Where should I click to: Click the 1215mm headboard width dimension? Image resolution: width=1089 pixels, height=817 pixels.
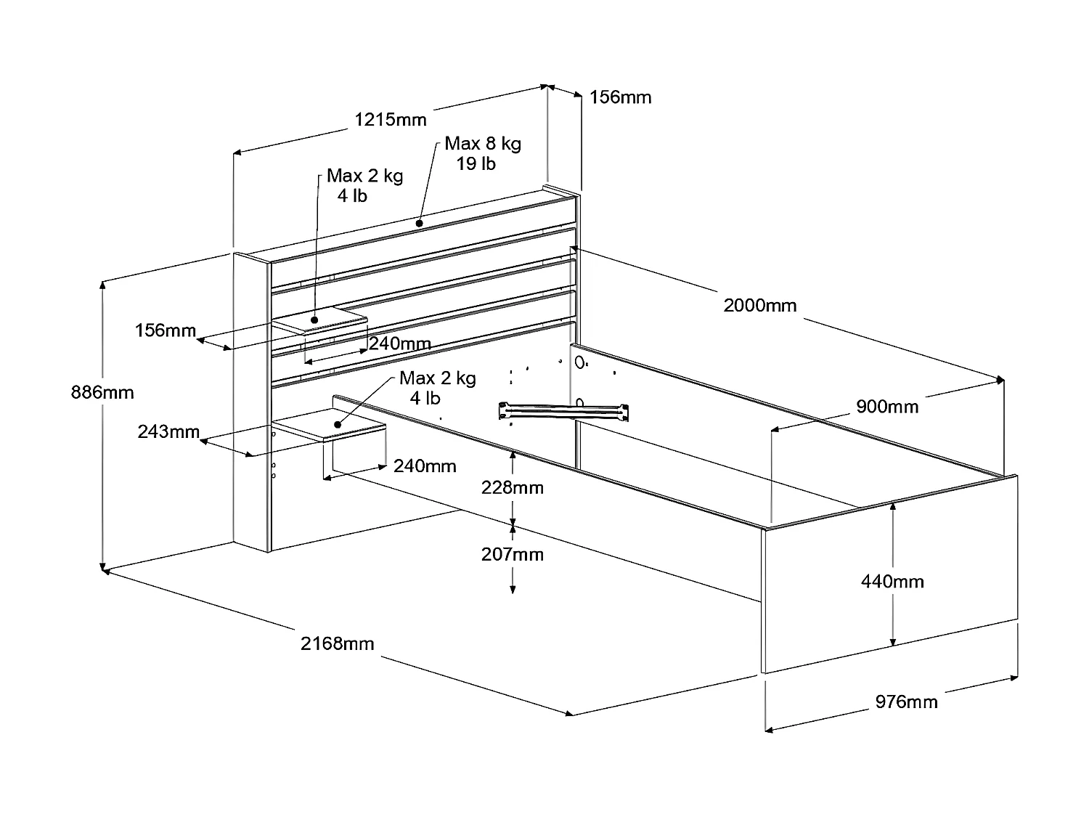[390, 119]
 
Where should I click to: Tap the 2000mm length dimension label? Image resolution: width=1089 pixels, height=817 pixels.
[759, 306]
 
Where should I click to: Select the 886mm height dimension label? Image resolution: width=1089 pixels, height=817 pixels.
[102, 393]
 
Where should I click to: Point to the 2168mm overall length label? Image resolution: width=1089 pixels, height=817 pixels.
[338, 643]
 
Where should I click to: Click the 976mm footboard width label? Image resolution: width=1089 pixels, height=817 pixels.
[905, 702]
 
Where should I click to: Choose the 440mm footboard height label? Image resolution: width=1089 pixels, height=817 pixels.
[892, 582]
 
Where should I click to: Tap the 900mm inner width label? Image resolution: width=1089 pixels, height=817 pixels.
[886, 407]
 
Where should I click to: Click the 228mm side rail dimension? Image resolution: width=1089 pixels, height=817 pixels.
[513, 487]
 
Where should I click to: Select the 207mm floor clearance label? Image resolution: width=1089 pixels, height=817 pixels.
[513, 555]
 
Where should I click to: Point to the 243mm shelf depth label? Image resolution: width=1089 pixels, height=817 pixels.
[168, 432]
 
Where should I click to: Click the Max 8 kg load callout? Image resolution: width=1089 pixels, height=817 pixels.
[483, 143]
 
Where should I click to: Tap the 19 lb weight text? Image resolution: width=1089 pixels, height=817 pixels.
[476, 164]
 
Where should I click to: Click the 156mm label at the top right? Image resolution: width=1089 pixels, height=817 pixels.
[620, 97]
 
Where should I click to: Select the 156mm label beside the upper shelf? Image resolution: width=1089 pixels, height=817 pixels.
[166, 331]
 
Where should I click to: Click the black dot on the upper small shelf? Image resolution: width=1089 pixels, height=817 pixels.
[315, 320]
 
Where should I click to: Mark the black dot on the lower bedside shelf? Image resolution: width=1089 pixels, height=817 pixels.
[338, 424]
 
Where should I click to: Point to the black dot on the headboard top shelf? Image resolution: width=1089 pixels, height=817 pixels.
[420, 223]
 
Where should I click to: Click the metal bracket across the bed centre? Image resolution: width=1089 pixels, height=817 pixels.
[563, 412]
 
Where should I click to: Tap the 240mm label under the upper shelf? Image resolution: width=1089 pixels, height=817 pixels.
[399, 344]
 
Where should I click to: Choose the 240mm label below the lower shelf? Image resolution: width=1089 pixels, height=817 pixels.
[425, 466]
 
